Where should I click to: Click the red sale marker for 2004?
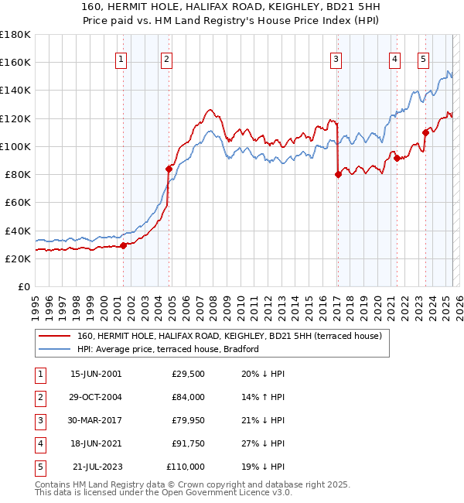pos(169,168)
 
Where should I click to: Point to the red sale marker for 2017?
pos(338,174)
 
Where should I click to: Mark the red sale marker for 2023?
pos(425,132)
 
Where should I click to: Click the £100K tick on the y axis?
pos(15,146)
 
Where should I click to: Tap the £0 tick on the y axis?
pos(26,287)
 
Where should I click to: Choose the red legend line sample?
pos(54,337)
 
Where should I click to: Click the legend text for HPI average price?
pos(168,350)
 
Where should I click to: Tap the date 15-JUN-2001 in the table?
pos(96,374)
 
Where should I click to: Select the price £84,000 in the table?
pos(188,397)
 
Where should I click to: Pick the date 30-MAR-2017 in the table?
pos(96,420)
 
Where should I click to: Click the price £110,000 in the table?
pos(186,467)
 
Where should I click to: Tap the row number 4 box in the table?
pos(39,443)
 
